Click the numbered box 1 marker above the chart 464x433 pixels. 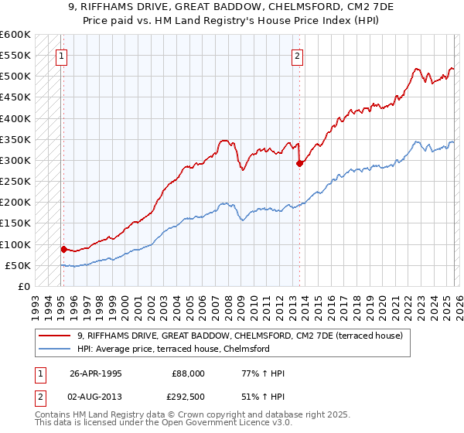61,55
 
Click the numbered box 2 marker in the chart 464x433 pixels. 298,55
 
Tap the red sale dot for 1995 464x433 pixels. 63,249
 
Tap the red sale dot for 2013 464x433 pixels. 299,163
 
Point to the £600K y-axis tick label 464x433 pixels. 15,35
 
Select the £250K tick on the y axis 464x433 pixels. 15,182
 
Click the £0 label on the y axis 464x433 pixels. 25,287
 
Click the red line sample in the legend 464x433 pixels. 56,336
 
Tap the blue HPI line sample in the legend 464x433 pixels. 56,349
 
